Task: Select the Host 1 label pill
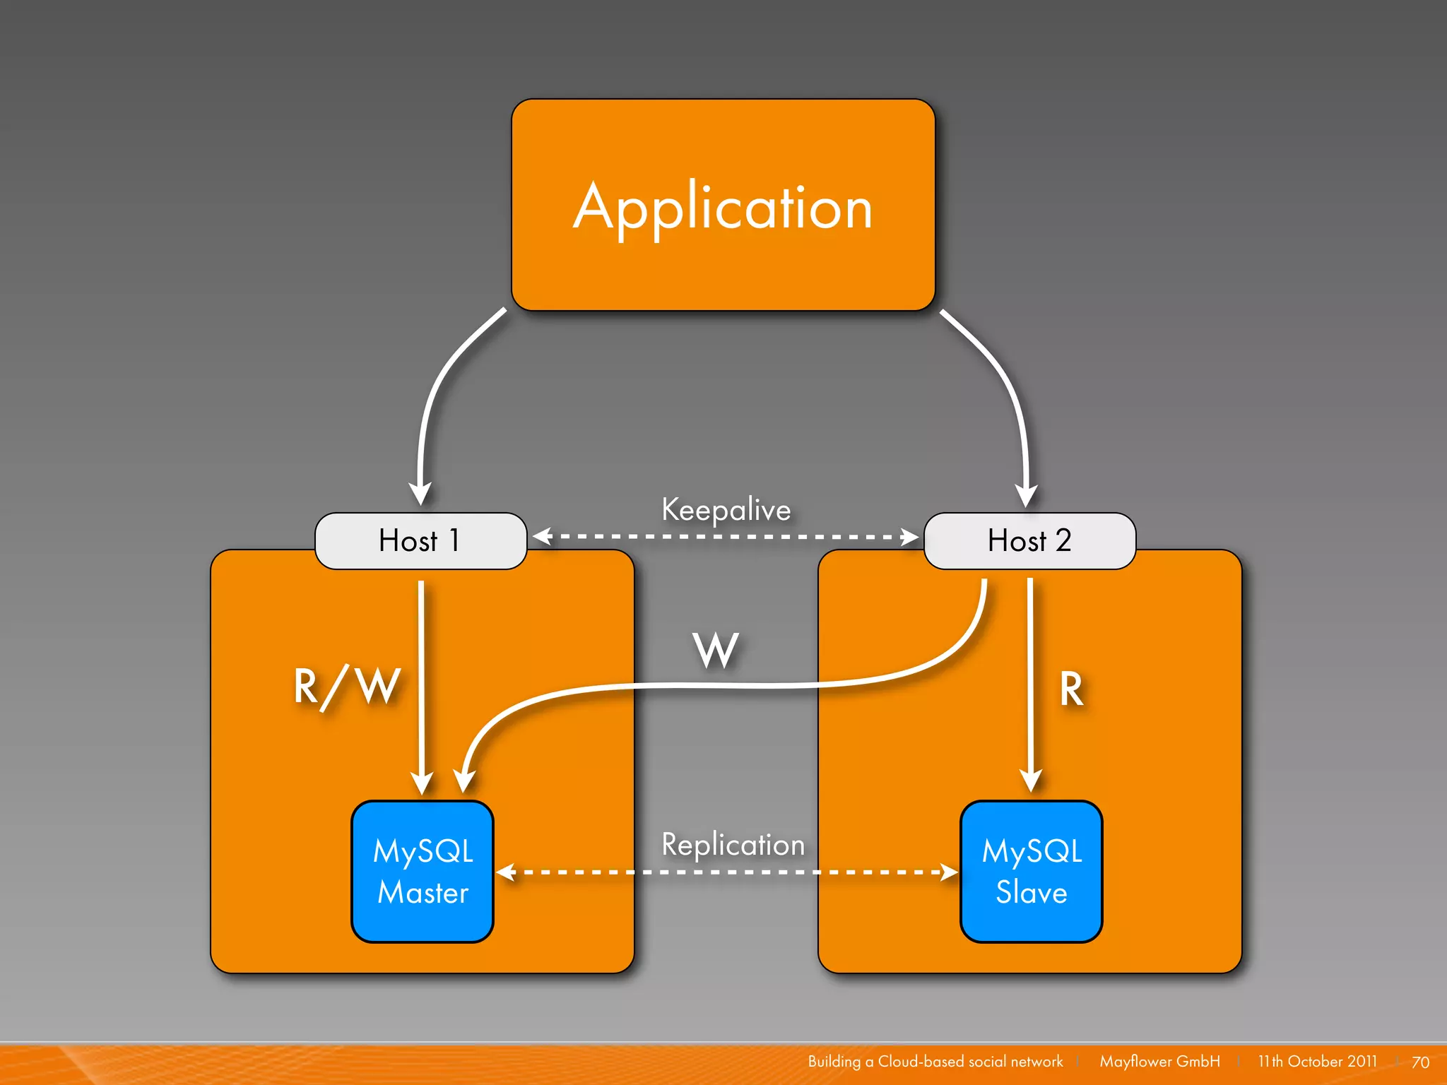coord(420,541)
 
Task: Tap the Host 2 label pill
coord(1029,541)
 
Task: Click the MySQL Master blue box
coord(423,871)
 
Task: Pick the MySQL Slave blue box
coord(1031,871)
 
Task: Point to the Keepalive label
coord(726,510)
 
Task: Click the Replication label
coord(733,845)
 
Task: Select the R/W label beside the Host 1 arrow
coord(347,687)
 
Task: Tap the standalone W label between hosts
coord(716,650)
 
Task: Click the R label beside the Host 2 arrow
coord(1071,689)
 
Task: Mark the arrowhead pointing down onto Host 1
coord(420,493)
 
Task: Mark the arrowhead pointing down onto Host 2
coord(1026,495)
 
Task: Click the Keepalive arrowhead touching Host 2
coord(910,537)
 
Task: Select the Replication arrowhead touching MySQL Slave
coord(949,872)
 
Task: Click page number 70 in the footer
coord(1420,1062)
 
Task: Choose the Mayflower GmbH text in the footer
coord(1159,1061)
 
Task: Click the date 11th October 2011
coord(1317,1061)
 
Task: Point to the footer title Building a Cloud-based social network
coord(935,1061)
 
